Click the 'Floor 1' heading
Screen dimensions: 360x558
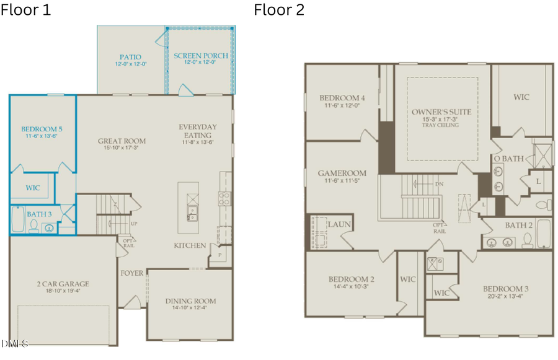tap(27, 11)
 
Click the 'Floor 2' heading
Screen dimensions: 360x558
tap(279, 11)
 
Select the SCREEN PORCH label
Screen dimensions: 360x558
tap(201, 56)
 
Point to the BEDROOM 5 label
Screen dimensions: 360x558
tap(42, 129)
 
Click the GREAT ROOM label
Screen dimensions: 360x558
tap(122, 141)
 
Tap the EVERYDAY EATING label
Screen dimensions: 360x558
tap(198, 131)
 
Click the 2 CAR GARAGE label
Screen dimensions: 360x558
tap(63, 284)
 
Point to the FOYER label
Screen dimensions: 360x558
tap(132, 273)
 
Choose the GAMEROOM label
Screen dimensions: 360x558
tap(342, 173)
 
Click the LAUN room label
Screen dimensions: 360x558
tap(340, 224)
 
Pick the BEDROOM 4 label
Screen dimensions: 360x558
tap(342, 98)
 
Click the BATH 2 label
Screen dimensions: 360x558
tap(518, 225)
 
